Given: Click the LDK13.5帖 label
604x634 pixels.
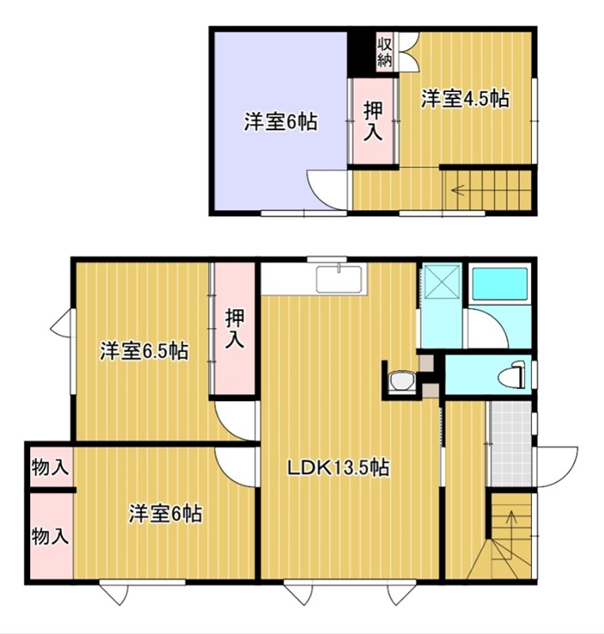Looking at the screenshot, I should coord(337,468).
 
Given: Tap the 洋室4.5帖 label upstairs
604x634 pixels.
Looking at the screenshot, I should coord(465,99).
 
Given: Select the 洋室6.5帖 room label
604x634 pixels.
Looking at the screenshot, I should coord(143,351).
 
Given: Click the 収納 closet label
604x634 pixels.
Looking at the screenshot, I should coord(385,51).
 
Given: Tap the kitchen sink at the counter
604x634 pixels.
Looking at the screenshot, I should coord(339,280).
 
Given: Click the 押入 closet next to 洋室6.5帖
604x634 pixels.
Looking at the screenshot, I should coord(235,329).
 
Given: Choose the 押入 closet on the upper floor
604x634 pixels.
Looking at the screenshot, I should coord(374,121).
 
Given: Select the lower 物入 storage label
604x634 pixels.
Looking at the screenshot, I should coord(49,536).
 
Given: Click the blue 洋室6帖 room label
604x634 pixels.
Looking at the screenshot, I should coord(280,122).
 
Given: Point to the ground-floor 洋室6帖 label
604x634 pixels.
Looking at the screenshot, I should coord(165,514).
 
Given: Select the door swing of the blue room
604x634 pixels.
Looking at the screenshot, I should coord(326,190).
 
